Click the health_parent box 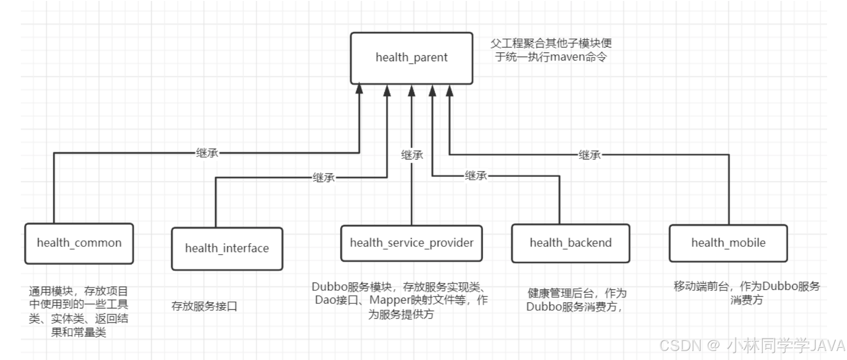(x=412, y=58)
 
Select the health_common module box (x=79, y=243)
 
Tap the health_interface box (x=227, y=249)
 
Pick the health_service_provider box (x=412, y=243)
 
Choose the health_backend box (x=570, y=243)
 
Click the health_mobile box (x=728, y=243)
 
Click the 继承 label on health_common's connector (x=207, y=153)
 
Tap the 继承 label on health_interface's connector (x=324, y=178)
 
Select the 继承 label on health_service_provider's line (x=412, y=155)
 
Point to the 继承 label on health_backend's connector (x=476, y=176)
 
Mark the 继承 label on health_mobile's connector (x=589, y=155)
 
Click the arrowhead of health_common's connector (x=359, y=88)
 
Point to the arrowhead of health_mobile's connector (x=449, y=91)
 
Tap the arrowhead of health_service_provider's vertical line (x=412, y=91)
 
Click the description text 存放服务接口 (x=204, y=306)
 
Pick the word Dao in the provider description (x=325, y=300)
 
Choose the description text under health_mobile (x=747, y=293)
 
